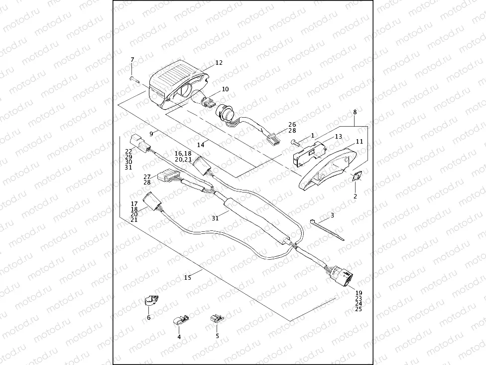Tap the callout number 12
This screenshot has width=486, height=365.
[x=219, y=63]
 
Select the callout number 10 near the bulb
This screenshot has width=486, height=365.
[x=225, y=89]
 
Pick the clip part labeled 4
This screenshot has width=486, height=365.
[x=180, y=320]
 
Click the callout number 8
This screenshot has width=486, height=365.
[x=355, y=113]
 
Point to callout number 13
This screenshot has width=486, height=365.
[x=338, y=136]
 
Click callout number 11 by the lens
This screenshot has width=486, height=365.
[x=359, y=142]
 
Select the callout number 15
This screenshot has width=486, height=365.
[x=188, y=278]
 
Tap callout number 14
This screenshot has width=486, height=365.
[x=201, y=145]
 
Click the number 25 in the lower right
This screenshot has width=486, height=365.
[x=359, y=309]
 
